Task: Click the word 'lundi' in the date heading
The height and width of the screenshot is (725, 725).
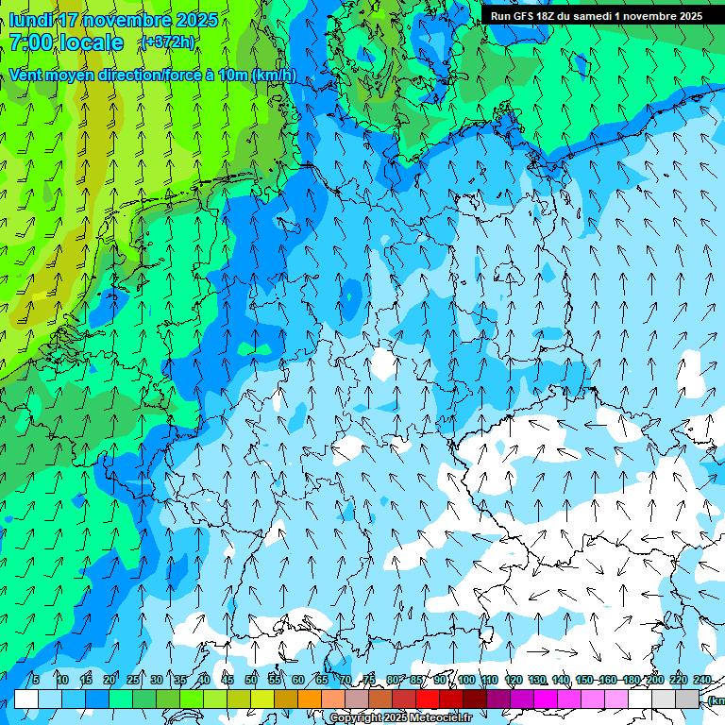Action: [x=30, y=20]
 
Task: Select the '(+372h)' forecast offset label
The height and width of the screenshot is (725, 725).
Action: [x=167, y=42]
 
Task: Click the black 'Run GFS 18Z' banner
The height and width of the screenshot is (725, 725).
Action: [x=596, y=16]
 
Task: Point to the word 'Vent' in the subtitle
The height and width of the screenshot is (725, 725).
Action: [x=27, y=75]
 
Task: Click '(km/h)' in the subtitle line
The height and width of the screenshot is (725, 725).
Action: [x=274, y=75]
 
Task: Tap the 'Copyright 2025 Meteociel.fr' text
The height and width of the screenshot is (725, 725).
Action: [x=400, y=718]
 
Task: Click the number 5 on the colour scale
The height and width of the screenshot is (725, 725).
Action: [x=35, y=680]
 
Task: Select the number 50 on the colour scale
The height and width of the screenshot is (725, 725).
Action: [x=251, y=680]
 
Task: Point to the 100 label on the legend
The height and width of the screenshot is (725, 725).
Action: [x=466, y=680]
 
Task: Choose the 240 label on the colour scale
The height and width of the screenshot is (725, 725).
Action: [x=702, y=680]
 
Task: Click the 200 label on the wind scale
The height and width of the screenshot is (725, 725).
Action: [x=654, y=680]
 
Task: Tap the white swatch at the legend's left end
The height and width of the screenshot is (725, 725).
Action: [x=26, y=699]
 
